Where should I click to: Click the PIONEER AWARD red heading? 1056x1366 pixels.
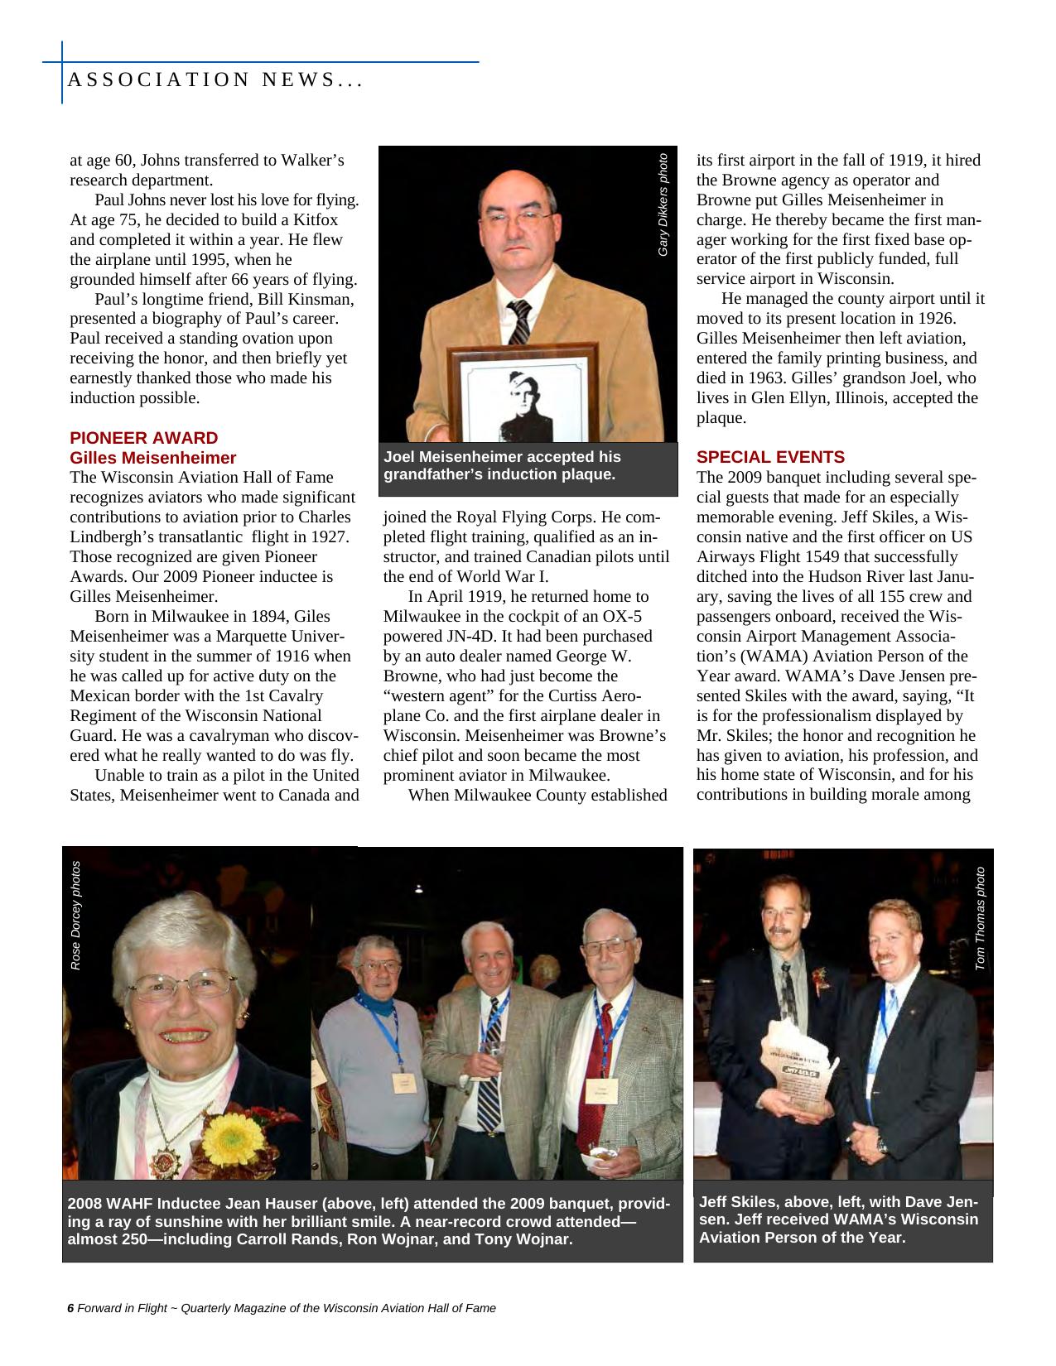[143, 438]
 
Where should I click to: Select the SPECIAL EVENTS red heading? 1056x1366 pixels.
[770, 457]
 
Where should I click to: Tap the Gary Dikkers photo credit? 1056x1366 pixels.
[663, 204]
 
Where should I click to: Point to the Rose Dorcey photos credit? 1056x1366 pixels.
[75, 915]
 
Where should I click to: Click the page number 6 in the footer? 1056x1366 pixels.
[70, 1308]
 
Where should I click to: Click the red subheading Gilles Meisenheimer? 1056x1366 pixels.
[152, 458]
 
